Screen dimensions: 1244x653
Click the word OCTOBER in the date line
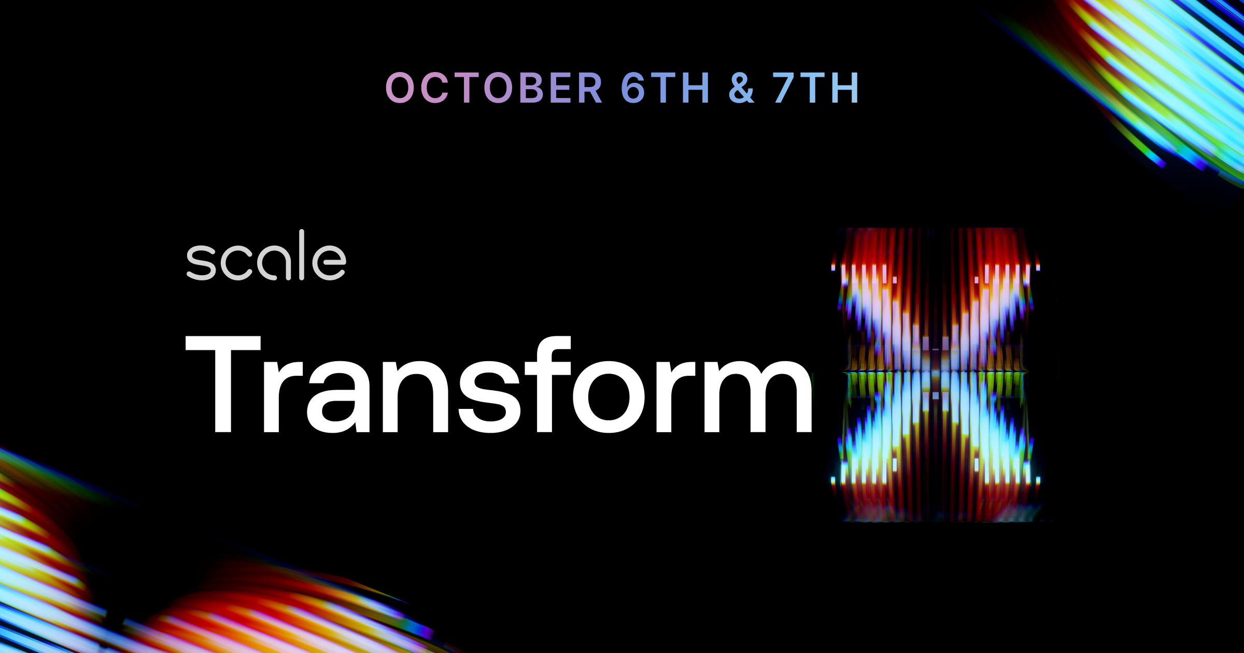[494, 88]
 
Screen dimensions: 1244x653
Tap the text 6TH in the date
[666, 88]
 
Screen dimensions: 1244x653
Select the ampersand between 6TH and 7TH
[741, 88]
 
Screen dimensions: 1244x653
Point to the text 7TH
[816, 88]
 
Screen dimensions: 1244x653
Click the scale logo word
[266, 255]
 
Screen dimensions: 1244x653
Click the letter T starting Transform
[223, 384]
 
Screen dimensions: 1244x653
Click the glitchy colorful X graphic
[936, 374]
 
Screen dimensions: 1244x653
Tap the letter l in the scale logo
[301, 254]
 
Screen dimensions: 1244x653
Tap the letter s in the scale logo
[201, 262]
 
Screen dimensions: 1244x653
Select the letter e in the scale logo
[329, 262]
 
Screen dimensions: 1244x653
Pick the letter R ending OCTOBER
[589, 88]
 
